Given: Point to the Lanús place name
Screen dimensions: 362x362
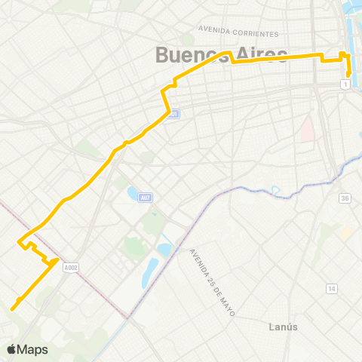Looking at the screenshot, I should pyautogui.click(x=284, y=327).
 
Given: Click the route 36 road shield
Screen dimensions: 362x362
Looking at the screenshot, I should pyautogui.click(x=345, y=198).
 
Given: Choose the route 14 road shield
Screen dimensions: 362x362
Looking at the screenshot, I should pyautogui.click(x=331, y=289).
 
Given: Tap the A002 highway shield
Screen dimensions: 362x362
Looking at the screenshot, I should pyautogui.click(x=71, y=266).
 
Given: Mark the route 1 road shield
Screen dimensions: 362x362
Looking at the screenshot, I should pyautogui.click(x=345, y=84).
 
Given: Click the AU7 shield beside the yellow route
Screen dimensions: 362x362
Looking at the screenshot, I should pyautogui.click(x=173, y=114).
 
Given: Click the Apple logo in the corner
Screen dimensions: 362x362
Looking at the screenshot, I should pyautogui.click(x=11, y=349).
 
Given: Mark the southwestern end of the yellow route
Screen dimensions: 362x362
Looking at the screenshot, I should pyautogui.click(x=13, y=307).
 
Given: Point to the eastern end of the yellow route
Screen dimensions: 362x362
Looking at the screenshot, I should pyautogui.click(x=350, y=75).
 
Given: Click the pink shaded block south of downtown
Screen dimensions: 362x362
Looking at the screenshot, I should pyautogui.click(x=307, y=128).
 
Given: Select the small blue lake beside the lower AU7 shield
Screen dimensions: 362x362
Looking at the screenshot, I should pyautogui.click(x=133, y=195).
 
